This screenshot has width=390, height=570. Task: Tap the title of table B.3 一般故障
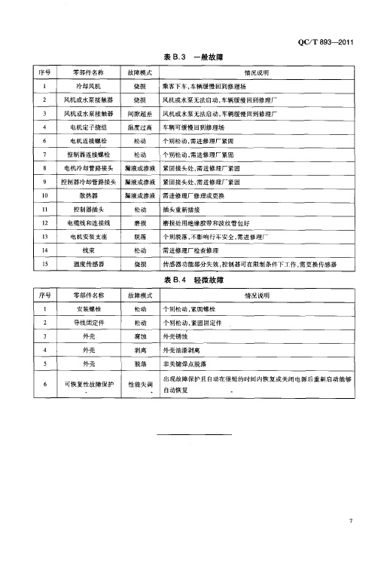(x=193, y=57)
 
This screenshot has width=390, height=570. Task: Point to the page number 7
(x=351, y=520)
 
